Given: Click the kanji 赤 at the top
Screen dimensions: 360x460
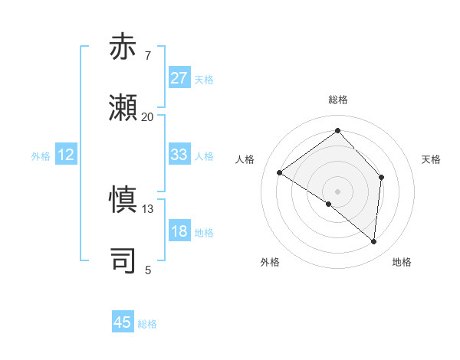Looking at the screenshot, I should tap(123, 47).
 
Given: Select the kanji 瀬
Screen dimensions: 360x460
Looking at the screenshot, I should tap(123, 109).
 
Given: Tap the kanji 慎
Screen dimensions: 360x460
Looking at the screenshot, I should tap(123, 200).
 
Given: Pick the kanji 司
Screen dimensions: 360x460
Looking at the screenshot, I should tap(123, 261).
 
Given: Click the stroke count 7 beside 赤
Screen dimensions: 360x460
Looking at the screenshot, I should tap(147, 56).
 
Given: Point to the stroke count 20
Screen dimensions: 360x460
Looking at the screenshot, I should tap(147, 117).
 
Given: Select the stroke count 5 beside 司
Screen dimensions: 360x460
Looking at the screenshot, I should tap(147, 270).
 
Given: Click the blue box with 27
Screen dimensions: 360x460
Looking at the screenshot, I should tap(179, 78).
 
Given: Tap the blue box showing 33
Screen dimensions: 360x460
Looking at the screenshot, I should tap(179, 155).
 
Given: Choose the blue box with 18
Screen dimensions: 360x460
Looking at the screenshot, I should tap(179, 231).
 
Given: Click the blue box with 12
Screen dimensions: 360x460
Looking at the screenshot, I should tap(66, 155).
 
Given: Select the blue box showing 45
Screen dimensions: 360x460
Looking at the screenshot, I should tap(123, 322).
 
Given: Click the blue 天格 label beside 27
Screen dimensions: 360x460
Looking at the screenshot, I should tap(204, 80).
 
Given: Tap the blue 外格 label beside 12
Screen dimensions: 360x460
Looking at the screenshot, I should tap(41, 156).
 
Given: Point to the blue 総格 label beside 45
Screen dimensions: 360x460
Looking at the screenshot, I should tap(147, 324).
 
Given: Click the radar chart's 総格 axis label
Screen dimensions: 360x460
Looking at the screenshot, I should tap(337, 100).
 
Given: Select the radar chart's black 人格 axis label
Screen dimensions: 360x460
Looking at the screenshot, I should tap(245, 159).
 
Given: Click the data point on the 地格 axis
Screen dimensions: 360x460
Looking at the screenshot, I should tap(373, 242).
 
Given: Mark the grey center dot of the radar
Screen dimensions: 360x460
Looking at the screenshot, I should tap(337, 191).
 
